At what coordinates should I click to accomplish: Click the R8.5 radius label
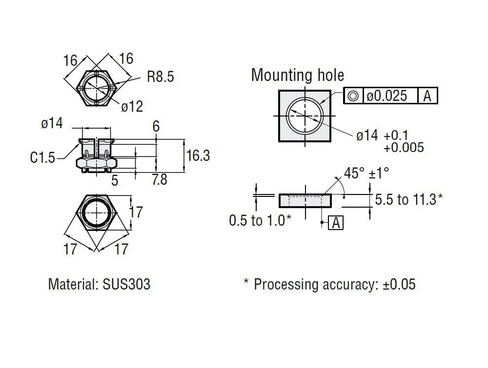click(x=160, y=77)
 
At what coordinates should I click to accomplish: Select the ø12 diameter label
click(x=132, y=107)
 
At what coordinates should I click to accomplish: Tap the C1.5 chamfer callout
click(x=42, y=157)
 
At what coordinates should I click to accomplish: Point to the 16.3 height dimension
click(x=198, y=155)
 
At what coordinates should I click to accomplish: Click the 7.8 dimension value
click(x=159, y=180)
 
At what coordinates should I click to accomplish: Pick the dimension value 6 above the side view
click(x=156, y=127)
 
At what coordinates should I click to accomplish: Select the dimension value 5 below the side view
click(x=115, y=180)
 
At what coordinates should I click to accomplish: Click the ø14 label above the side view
click(x=52, y=124)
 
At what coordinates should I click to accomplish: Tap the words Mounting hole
click(x=297, y=76)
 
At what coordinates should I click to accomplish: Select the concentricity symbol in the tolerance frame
click(x=353, y=96)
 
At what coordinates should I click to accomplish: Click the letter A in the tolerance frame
click(x=427, y=96)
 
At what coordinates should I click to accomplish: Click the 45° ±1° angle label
click(x=366, y=174)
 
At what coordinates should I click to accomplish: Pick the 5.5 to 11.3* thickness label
click(x=409, y=199)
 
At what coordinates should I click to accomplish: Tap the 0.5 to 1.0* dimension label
click(x=260, y=220)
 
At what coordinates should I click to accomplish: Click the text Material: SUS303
click(x=99, y=284)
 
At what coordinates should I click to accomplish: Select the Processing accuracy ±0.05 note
click(x=330, y=284)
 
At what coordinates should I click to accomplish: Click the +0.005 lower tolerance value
click(x=404, y=147)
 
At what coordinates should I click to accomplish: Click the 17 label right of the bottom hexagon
click(x=136, y=212)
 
